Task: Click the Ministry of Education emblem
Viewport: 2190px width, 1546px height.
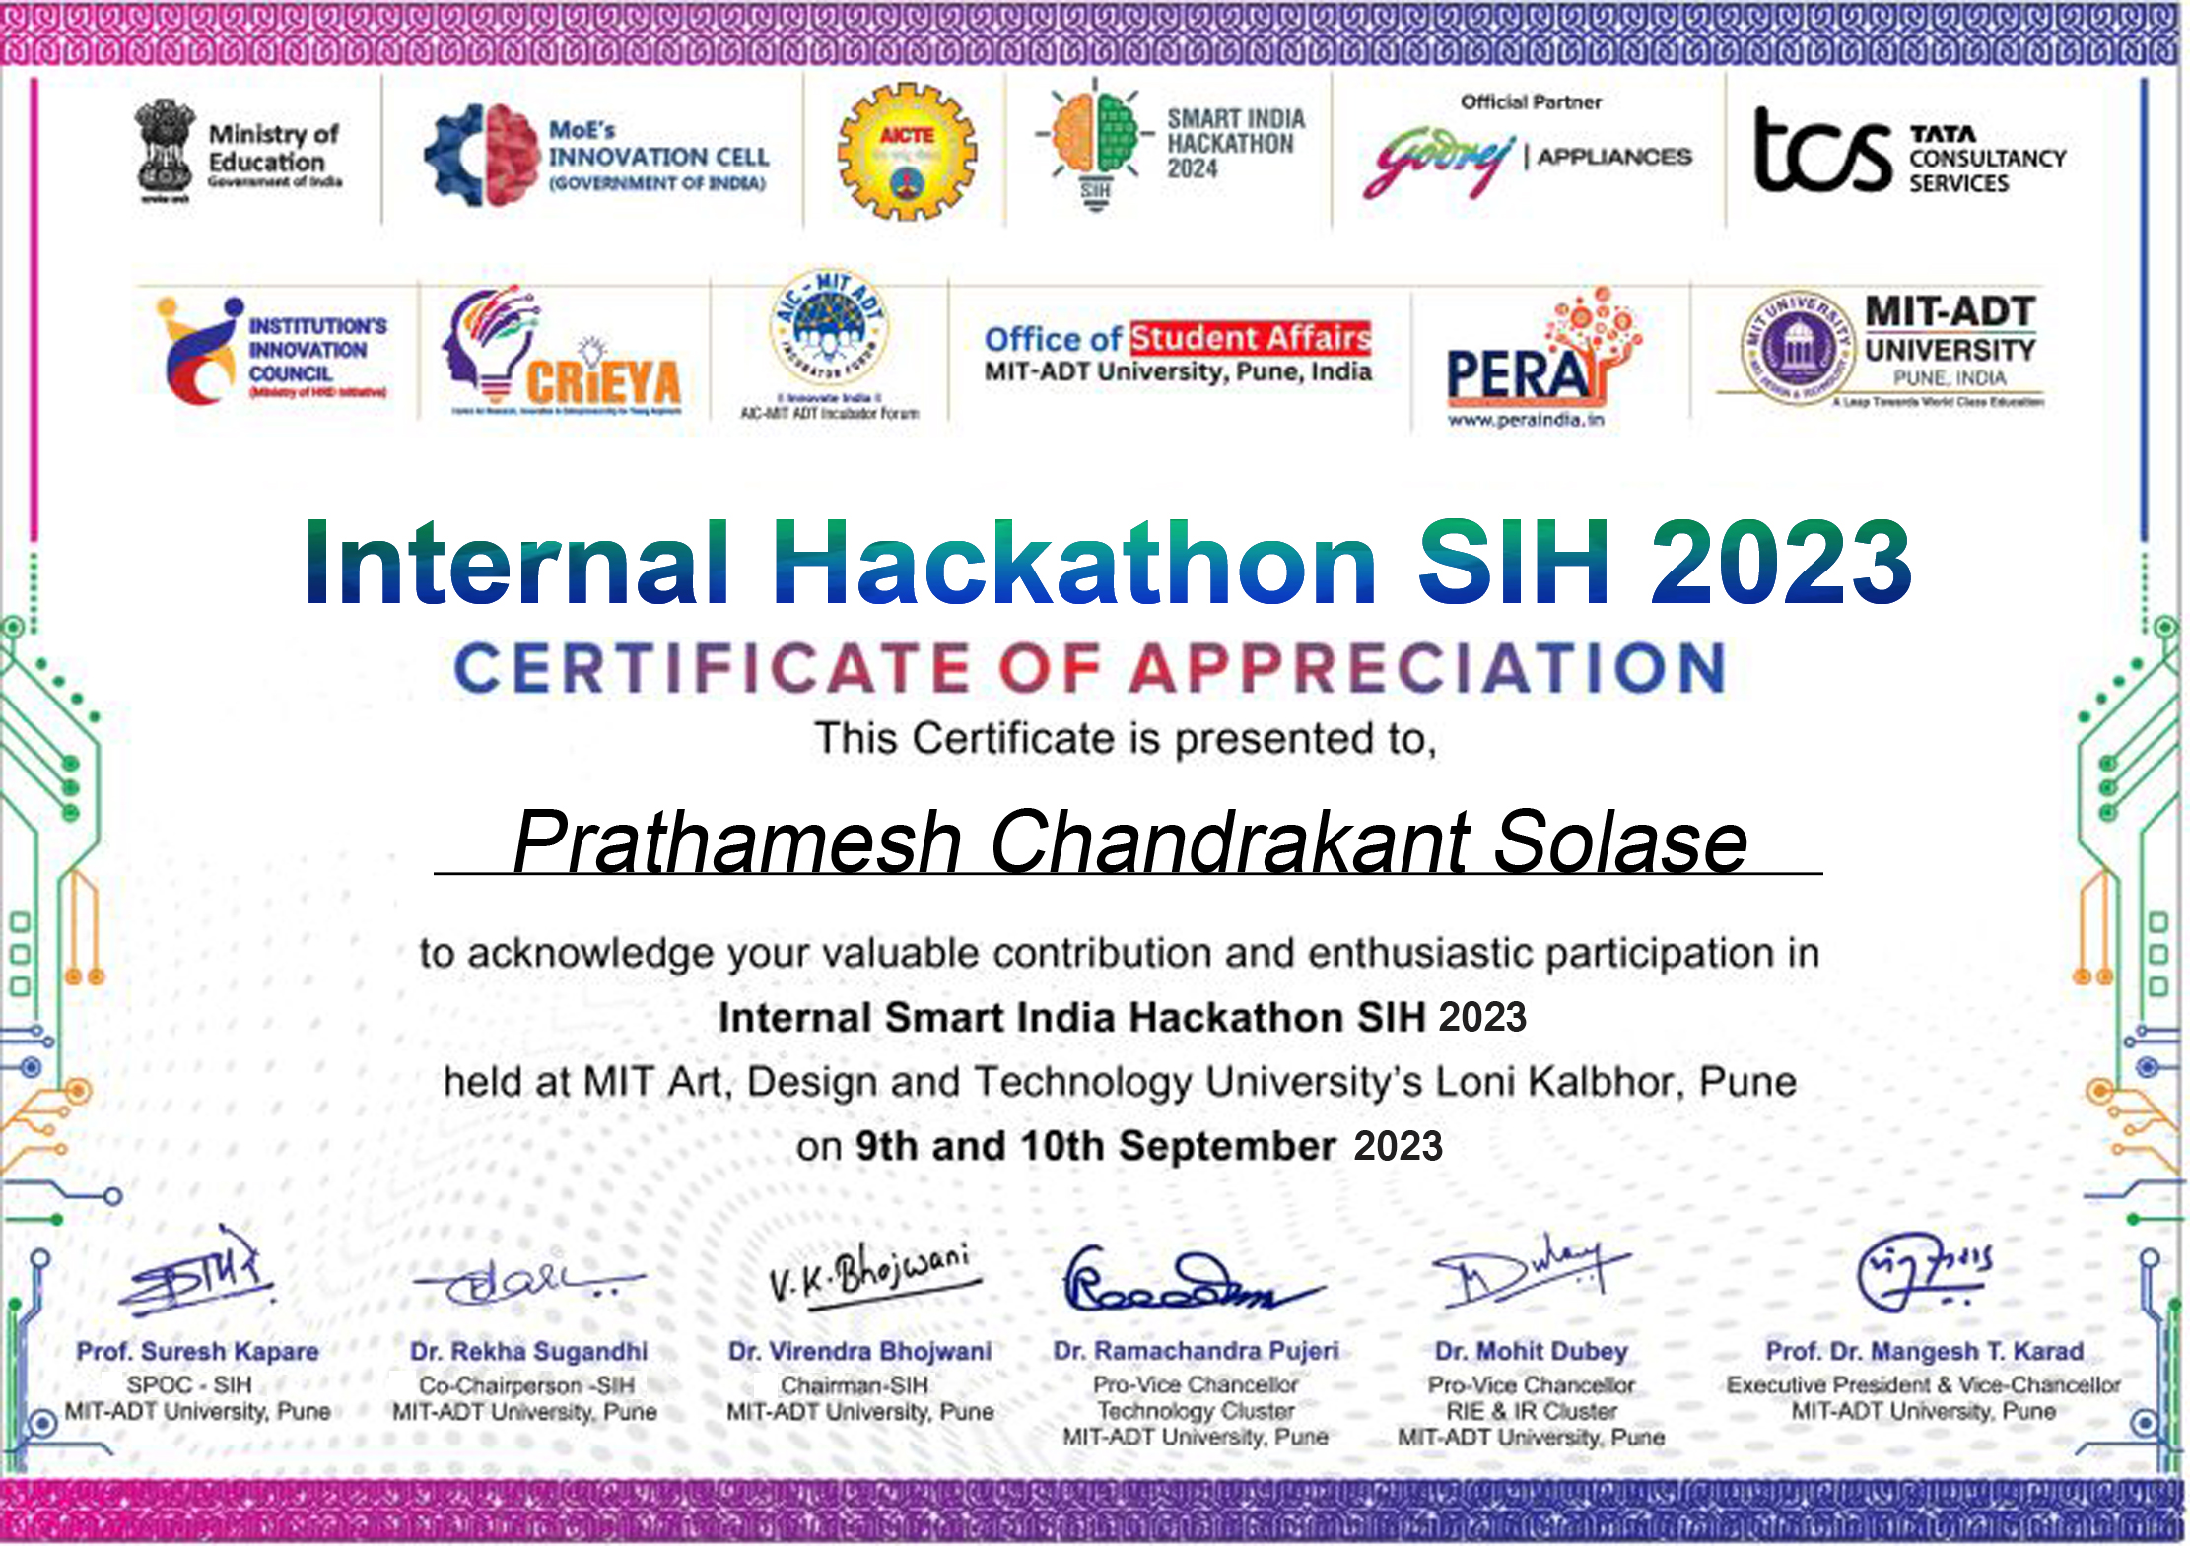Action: coord(165,151)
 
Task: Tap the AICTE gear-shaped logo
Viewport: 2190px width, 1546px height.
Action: coord(906,152)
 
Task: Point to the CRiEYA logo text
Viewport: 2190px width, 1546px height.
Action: coord(603,382)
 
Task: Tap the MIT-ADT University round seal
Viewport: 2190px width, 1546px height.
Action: coord(1799,347)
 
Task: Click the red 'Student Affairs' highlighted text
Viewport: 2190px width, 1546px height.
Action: coord(1250,338)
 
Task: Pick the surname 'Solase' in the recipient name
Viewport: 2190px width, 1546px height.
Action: coord(1620,842)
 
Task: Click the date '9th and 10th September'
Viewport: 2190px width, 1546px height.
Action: coord(1095,1146)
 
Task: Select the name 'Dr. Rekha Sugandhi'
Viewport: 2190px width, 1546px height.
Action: coord(529,1351)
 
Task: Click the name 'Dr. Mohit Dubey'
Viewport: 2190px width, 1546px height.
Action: coord(1531,1351)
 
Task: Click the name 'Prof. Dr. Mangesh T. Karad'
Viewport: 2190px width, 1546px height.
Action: coord(1924,1351)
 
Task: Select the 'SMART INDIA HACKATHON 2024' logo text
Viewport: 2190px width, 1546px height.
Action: coord(1235,144)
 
